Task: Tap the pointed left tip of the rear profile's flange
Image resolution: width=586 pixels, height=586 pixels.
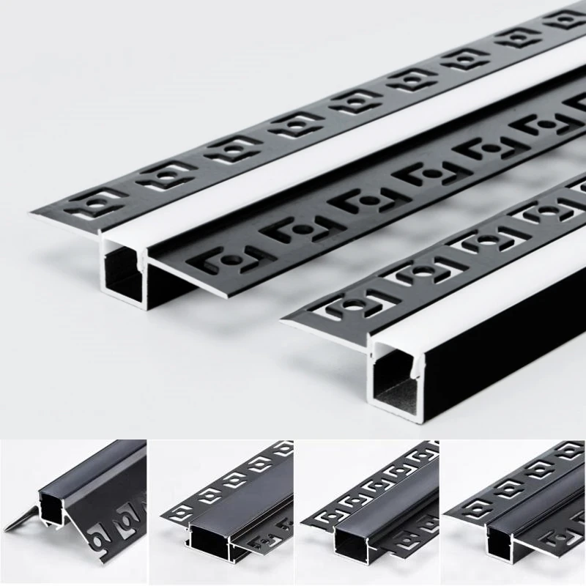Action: (32, 213)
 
